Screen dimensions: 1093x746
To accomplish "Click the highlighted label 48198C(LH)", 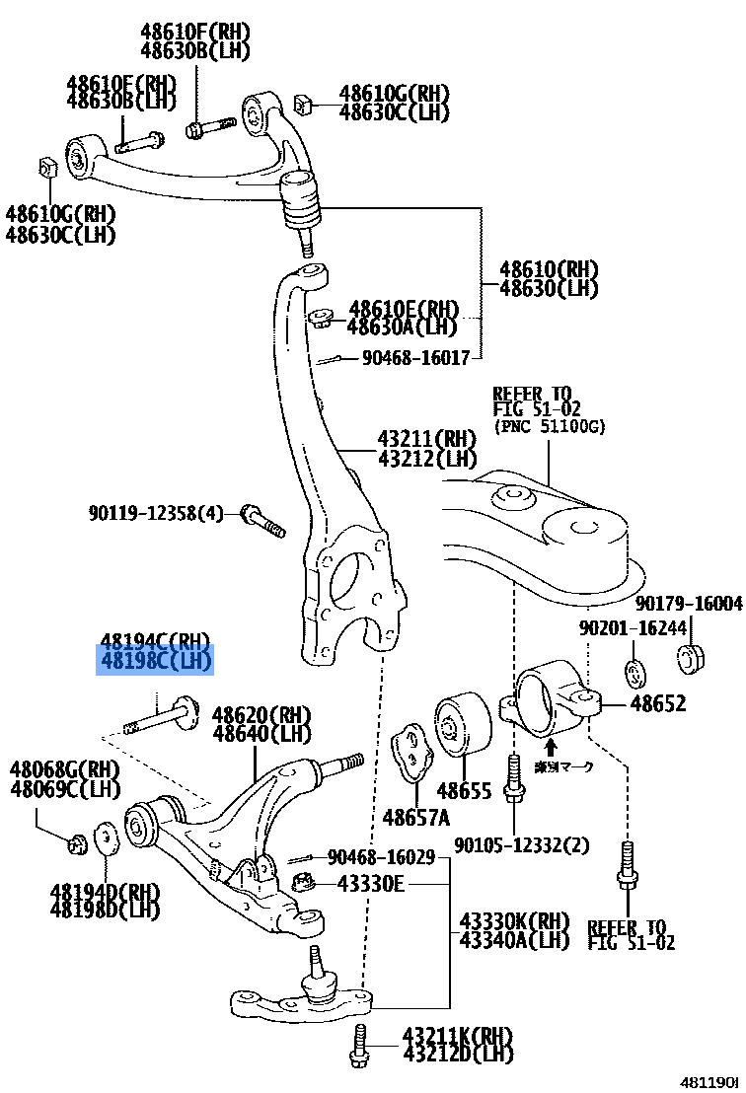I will coord(154,662).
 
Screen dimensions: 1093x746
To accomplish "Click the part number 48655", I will coord(464,791).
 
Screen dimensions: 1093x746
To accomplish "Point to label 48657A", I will coord(415,817).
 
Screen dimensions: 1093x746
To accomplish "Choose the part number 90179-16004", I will coord(688,603).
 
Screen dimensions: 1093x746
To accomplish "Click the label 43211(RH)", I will coord(426,438).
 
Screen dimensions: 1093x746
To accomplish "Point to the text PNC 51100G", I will coord(550,426).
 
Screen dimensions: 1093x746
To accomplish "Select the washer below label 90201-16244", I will coord(634,674).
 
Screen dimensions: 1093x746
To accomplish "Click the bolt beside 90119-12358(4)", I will coord(261,521).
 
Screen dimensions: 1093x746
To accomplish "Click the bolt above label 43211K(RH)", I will coord(358,1046).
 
